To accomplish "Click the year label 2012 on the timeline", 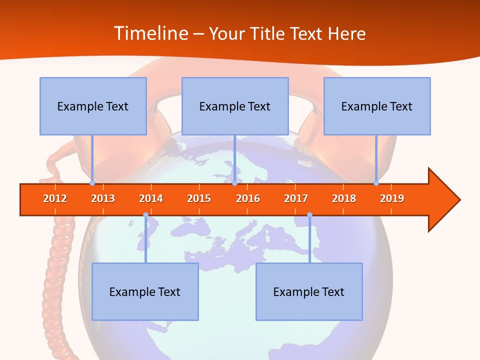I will pyautogui.click(x=55, y=198).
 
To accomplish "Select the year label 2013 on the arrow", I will pyautogui.click(x=103, y=198).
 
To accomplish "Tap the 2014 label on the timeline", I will pyautogui.click(x=151, y=198).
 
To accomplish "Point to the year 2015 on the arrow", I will pyautogui.click(x=199, y=198).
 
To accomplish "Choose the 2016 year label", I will pyautogui.click(x=248, y=198).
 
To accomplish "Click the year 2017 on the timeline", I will pyautogui.click(x=296, y=198).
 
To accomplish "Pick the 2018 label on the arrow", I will pyautogui.click(x=344, y=198).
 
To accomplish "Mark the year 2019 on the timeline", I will pyautogui.click(x=392, y=198).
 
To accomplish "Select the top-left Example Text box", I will pyautogui.click(x=93, y=106).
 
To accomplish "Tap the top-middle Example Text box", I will pyautogui.click(x=235, y=106).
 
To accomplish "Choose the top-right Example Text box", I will pyautogui.click(x=377, y=106).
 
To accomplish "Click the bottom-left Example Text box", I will pyautogui.click(x=145, y=291).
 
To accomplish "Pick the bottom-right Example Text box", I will pyautogui.click(x=309, y=291).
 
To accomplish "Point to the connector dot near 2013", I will pyautogui.click(x=92, y=183).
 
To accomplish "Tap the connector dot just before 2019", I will pyautogui.click(x=376, y=183).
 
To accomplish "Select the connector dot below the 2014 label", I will pyautogui.click(x=145, y=215).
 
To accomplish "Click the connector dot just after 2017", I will pyautogui.click(x=309, y=215).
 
